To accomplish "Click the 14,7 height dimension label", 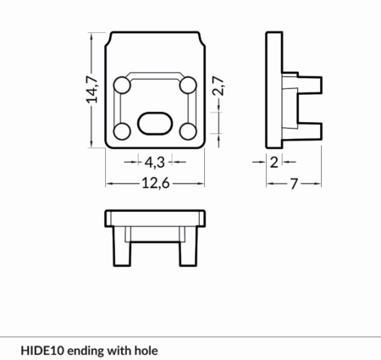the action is (92, 89).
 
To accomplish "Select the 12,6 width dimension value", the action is (156, 184).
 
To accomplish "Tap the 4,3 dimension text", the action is (154, 163).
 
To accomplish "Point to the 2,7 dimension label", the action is (218, 86).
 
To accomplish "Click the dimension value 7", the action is (294, 184).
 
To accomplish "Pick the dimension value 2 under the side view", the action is (274, 163).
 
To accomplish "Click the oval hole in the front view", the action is (154, 123).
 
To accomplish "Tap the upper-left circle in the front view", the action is (122, 85).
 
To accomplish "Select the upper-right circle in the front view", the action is (188, 85).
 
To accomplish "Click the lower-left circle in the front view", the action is (122, 131).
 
